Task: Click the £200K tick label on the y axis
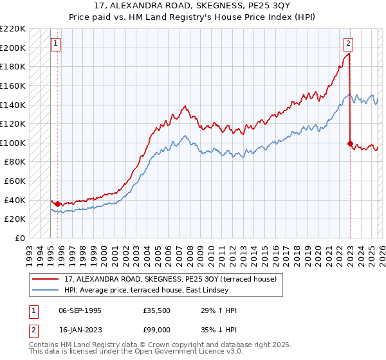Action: (x=13, y=48)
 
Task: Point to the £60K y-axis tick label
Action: (x=15, y=181)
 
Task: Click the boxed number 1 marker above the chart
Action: (x=56, y=44)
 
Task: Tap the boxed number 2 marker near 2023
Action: (x=348, y=44)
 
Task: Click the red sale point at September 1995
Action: (x=57, y=204)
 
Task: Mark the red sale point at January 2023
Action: (x=350, y=143)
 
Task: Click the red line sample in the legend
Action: (x=45, y=279)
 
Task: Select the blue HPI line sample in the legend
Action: (x=45, y=290)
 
